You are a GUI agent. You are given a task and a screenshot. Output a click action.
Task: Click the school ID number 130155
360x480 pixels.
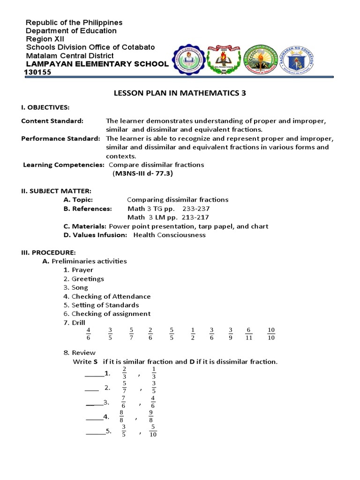pos(38,73)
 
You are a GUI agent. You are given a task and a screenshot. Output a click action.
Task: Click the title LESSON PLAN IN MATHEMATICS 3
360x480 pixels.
pos(180,93)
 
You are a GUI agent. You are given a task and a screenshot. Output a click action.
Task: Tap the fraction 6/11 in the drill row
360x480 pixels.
pos(249,334)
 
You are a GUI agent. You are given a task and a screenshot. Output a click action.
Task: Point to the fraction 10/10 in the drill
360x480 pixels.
pos(271,334)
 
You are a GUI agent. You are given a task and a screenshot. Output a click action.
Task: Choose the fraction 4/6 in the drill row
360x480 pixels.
pos(88,334)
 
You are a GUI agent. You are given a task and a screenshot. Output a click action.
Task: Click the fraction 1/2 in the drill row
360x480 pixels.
pos(193,334)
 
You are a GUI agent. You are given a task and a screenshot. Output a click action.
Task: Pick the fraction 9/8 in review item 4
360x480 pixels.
pos(151,416)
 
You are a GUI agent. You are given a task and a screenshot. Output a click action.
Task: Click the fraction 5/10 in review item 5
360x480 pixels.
pos(153,430)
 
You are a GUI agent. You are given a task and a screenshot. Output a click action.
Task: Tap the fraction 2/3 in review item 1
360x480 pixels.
pos(124,373)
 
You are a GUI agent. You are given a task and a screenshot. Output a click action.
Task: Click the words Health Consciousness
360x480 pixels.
pos(169,235)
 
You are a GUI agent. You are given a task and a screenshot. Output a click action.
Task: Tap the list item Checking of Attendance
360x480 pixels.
pos(111,296)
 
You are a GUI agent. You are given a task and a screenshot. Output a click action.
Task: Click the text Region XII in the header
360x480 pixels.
pos(45,39)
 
